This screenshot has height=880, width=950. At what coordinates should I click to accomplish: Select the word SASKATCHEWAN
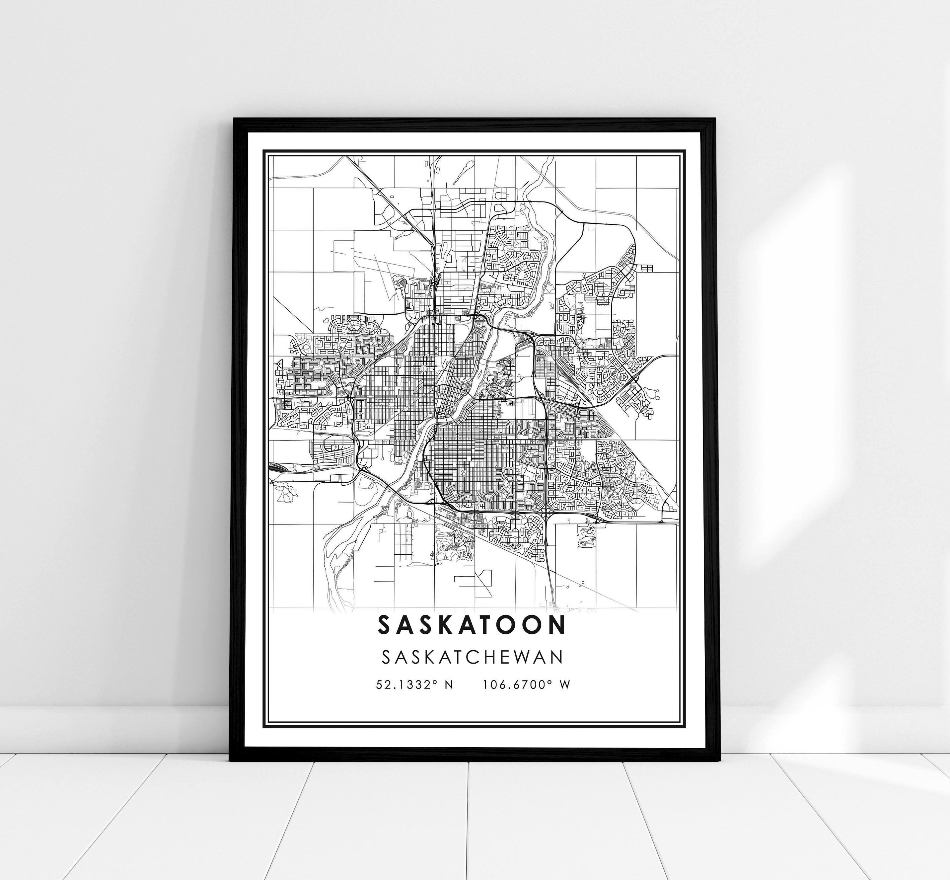[473, 657]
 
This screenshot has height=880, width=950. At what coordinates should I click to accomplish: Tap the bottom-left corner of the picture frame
[230, 761]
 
